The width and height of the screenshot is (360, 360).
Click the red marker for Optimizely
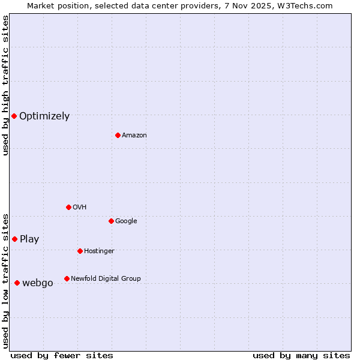14,116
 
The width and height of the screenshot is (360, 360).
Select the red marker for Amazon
118,135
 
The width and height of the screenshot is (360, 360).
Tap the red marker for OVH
68,207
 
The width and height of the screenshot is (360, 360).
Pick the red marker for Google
111,221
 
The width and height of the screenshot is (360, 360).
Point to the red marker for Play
14,239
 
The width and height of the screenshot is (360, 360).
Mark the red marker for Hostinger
80,251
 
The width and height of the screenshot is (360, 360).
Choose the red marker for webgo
17,283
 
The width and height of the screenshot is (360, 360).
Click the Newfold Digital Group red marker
67,278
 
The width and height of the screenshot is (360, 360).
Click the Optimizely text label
44,116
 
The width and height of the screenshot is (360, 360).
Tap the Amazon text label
134,136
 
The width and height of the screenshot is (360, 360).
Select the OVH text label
80,208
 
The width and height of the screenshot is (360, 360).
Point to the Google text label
126,221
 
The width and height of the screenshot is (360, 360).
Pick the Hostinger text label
99,251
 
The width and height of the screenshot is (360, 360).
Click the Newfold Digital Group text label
106,278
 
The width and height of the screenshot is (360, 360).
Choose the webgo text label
38,283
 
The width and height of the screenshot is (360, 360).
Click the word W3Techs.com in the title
308,5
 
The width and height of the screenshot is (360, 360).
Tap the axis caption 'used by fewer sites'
62,356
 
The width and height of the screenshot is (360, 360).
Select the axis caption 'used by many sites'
301,356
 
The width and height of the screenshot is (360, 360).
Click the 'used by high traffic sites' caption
5,85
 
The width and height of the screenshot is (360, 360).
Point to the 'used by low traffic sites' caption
5,280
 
